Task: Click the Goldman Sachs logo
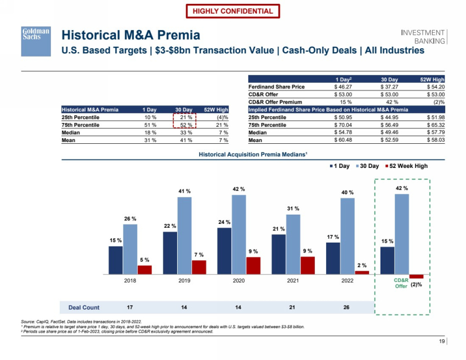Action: tap(36, 41)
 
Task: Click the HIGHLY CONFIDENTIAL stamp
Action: tap(233, 11)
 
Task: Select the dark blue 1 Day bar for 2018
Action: tap(116, 260)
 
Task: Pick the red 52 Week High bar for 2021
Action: tap(308, 265)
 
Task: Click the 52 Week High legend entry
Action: tap(406, 166)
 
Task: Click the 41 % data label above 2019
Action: tap(185, 191)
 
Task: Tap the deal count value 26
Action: tap(346, 307)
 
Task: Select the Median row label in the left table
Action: tap(71, 133)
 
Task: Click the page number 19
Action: tap(442, 342)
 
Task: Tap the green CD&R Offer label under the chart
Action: tap(401, 283)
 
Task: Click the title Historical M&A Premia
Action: tap(130, 36)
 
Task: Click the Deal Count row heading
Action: tap(83, 307)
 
